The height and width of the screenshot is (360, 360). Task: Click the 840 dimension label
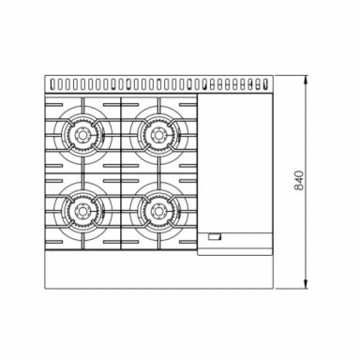(299, 180)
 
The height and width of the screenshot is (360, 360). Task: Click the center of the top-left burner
(82, 135)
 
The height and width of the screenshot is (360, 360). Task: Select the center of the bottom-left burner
(82, 211)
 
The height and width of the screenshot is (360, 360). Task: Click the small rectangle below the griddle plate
(216, 237)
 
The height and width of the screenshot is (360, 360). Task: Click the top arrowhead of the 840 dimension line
(307, 80)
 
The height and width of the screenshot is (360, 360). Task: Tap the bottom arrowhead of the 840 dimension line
(307, 285)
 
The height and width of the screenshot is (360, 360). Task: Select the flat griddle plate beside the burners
(236, 164)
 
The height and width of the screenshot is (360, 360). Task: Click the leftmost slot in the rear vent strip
(53, 84)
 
